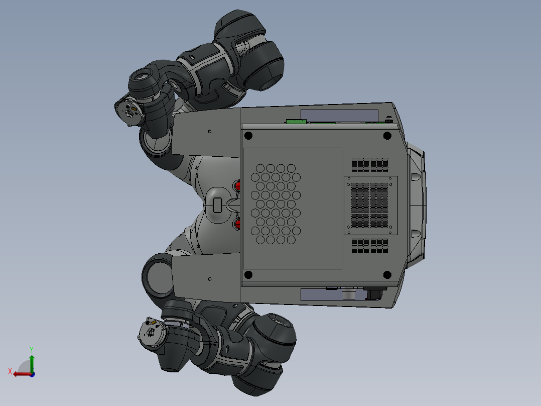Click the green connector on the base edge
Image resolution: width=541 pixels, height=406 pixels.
click(296, 121)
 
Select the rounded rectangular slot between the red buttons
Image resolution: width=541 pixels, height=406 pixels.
click(217, 205)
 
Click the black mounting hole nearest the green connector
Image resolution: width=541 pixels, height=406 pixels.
click(247, 135)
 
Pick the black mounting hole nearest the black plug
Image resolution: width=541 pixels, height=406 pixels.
click(387, 274)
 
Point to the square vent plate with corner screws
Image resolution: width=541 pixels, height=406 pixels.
click(370, 205)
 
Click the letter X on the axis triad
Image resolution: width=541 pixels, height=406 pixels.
click(10, 371)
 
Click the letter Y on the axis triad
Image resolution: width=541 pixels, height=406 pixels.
click(31, 348)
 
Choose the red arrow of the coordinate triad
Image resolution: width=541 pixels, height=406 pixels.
click(21, 374)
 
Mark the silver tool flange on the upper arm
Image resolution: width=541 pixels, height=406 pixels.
click(129, 112)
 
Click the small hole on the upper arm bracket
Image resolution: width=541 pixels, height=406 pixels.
click(210, 132)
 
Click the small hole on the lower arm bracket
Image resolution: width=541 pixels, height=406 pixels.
click(210, 277)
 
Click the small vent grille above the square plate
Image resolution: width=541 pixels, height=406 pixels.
click(370, 164)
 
